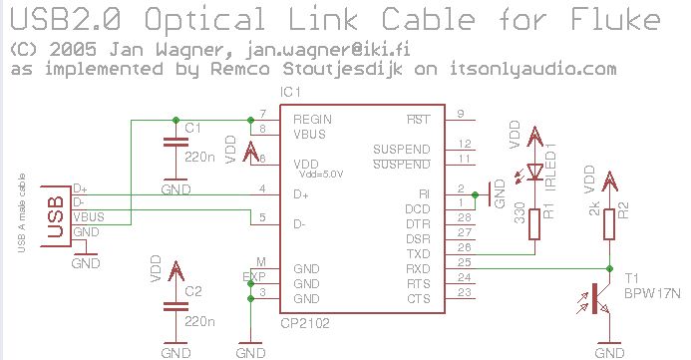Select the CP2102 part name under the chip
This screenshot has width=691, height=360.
(x=304, y=322)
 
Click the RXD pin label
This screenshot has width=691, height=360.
(x=418, y=269)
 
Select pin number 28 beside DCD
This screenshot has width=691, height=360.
(x=463, y=216)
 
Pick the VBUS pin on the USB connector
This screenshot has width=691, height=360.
(x=88, y=216)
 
